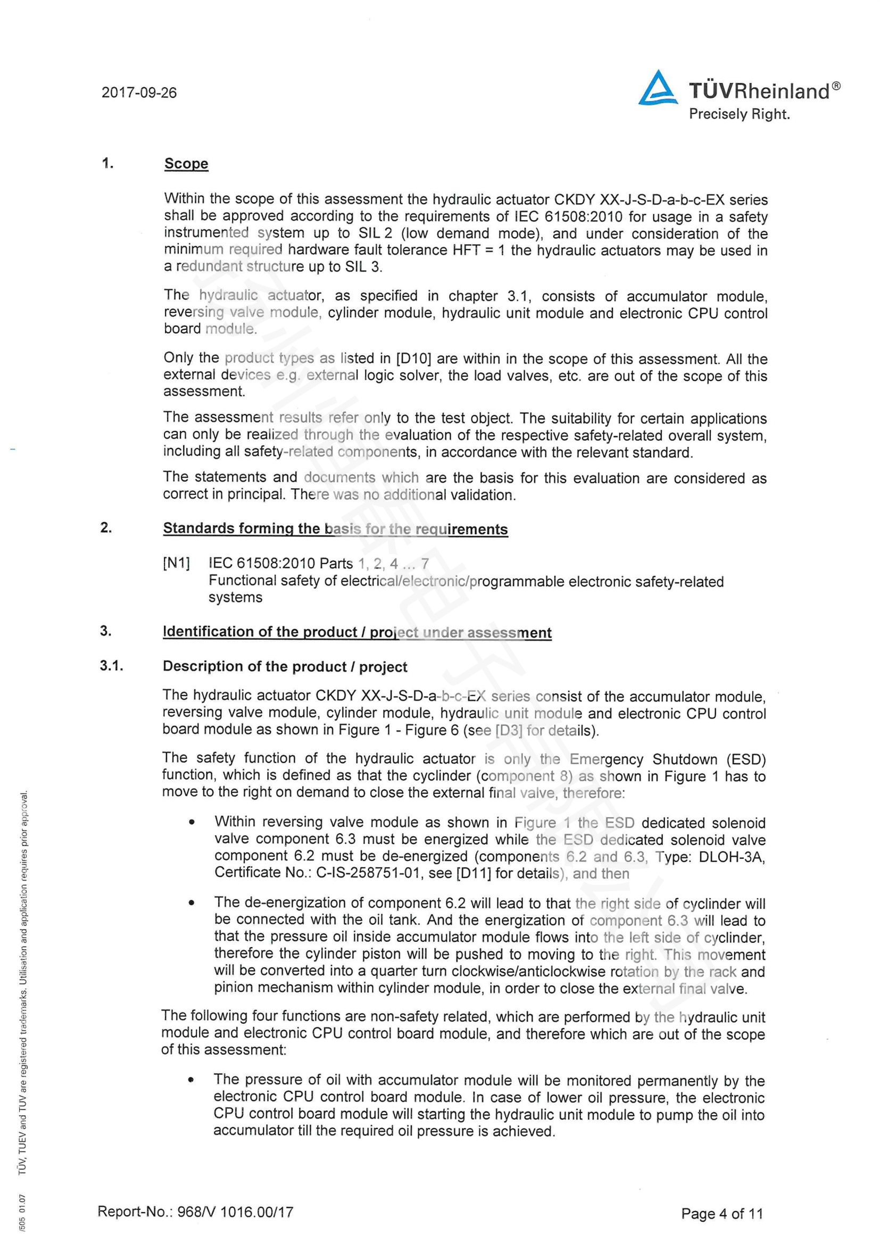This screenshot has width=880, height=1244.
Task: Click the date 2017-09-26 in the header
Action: pyautogui.click(x=139, y=93)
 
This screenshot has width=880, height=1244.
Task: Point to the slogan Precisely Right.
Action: pyautogui.click(x=738, y=114)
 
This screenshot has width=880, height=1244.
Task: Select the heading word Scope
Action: pyautogui.click(x=186, y=164)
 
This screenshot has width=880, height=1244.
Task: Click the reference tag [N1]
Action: pyautogui.click(x=176, y=563)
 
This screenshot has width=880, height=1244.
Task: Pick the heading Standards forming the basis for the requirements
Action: pyautogui.click(x=335, y=529)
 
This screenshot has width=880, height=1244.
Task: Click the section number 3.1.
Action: pyautogui.click(x=112, y=666)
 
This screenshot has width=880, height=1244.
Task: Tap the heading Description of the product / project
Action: pyautogui.click(x=285, y=666)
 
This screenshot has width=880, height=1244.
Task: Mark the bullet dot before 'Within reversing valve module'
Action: pyautogui.click(x=191, y=823)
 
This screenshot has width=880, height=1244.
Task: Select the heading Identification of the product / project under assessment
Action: pyautogui.click(x=357, y=632)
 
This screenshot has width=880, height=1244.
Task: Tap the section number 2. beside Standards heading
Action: pyautogui.click(x=106, y=528)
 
